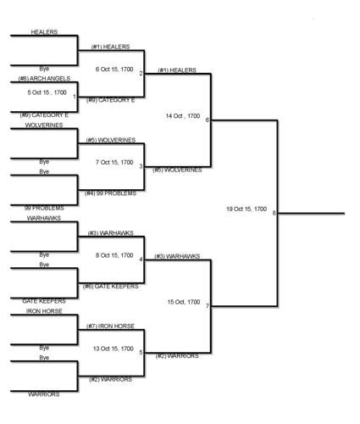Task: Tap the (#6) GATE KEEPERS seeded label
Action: coord(111,287)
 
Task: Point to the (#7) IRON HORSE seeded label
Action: coord(110,326)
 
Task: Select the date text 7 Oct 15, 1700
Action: coord(114,162)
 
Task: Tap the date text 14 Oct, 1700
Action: coord(183,115)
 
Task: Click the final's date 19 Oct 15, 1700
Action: coord(246,209)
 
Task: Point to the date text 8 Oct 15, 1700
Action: coord(114,255)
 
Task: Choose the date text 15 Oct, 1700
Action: coord(183,302)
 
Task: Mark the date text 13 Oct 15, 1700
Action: coord(114,349)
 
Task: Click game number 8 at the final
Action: coord(274,213)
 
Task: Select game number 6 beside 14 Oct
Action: coord(207,120)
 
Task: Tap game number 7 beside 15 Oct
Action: coord(207,306)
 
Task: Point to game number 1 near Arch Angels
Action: coord(75,97)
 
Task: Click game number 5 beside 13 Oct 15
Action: coord(141,353)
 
